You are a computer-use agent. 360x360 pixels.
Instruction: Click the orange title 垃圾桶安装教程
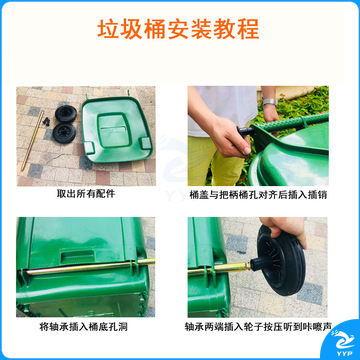click(x=178, y=29)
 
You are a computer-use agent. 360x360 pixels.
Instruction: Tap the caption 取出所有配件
click(x=86, y=194)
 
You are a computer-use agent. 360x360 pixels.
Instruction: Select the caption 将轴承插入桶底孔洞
click(x=83, y=327)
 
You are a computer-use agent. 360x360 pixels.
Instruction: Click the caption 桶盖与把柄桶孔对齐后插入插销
click(x=258, y=195)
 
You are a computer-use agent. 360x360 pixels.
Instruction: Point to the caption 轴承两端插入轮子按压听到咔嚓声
click(x=258, y=327)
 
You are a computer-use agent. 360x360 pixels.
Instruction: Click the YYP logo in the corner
click(x=343, y=342)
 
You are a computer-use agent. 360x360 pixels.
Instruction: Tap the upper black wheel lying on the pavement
click(x=66, y=114)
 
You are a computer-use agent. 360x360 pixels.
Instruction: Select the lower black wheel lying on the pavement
click(x=64, y=133)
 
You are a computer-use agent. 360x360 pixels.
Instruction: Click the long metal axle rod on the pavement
click(x=32, y=140)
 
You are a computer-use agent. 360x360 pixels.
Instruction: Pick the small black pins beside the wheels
click(x=46, y=121)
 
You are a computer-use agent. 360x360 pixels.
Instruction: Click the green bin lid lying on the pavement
click(x=117, y=129)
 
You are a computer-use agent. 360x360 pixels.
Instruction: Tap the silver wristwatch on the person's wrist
click(x=270, y=102)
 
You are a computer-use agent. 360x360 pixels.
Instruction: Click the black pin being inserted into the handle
click(x=245, y=130)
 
